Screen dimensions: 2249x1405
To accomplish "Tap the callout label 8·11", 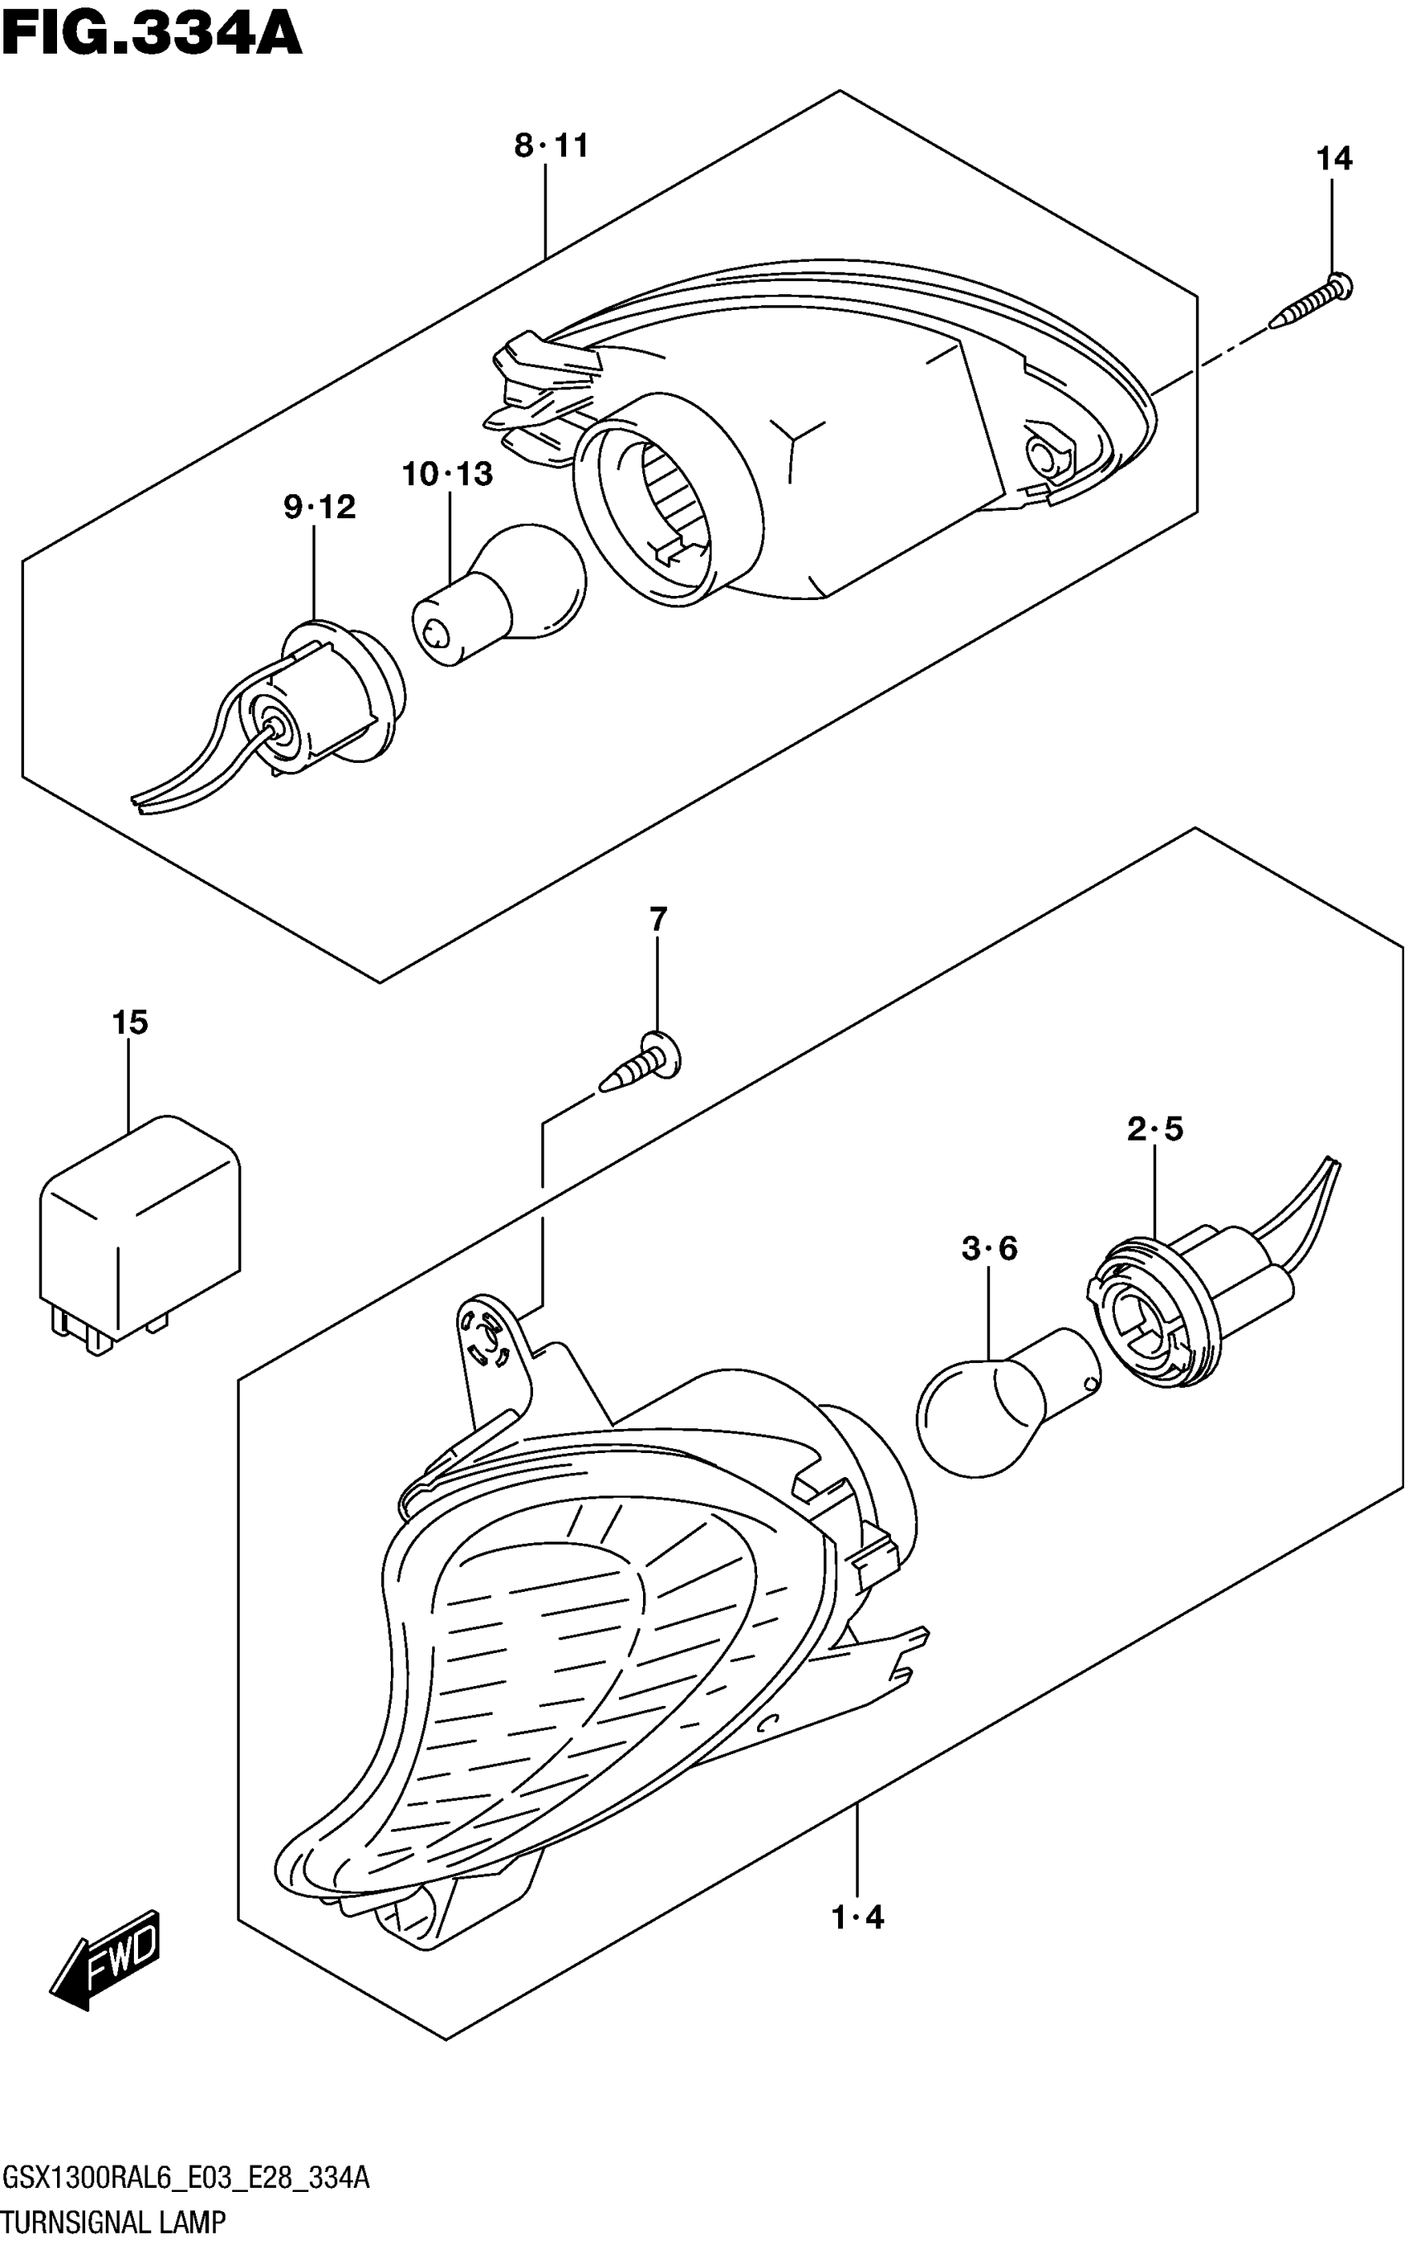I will pyautogui.click(x=551, y=146).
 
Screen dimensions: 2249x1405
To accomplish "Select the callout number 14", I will pyautogui.click(x=1333, y=159).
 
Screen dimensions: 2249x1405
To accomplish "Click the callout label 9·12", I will pyautogui.click(x=320, y=507).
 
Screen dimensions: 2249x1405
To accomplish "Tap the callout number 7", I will pyautogui.click(x=658, y=920).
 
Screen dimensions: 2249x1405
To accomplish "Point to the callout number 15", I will pyautogui.click(x=130, y=1023).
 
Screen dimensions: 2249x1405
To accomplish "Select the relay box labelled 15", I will pyautogui.click(x=140, y=1231).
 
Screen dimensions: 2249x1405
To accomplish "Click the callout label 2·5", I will pyautogui.click(x=1155, y=1129).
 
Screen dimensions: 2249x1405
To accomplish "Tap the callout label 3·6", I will pyautogui.click(x=988, y=1249).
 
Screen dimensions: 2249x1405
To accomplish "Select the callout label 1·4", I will pyautogui.click(x=858, y=1918).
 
